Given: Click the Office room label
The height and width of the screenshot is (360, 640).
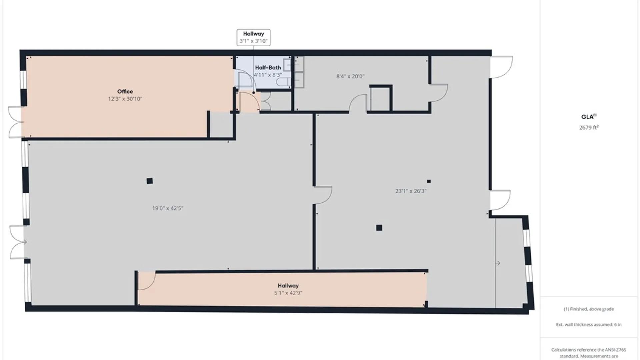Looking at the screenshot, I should point(125,91).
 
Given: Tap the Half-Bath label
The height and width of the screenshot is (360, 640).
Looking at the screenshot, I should point(268,68).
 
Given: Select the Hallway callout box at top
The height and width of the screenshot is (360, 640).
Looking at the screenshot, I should point(253,37).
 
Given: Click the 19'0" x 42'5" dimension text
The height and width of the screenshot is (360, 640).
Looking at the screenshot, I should point(168,209).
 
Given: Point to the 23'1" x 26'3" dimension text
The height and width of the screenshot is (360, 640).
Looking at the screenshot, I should point(411,191).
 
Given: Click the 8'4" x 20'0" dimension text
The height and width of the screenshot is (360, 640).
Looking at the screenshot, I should point(350,76).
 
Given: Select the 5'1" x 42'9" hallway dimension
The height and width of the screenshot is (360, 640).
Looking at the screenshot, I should point(288,293).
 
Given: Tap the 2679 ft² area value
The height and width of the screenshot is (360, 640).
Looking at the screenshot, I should point(589,127).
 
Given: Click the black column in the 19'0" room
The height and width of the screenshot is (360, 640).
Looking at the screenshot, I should point(150,181).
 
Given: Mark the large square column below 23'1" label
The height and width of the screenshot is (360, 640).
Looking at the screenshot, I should point(379,228).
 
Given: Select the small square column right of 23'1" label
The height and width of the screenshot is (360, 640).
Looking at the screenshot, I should point(429,181).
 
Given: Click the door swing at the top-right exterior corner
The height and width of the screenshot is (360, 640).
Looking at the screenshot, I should point(501,67).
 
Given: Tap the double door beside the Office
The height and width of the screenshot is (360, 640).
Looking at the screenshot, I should point(15,122).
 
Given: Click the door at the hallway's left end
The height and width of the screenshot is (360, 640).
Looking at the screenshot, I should point(147,281).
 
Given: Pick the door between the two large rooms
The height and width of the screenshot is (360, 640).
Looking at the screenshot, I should point(323,195).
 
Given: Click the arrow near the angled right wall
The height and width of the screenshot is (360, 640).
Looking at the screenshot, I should point(498,263).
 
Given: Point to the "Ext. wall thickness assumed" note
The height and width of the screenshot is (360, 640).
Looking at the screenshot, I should point(589,325).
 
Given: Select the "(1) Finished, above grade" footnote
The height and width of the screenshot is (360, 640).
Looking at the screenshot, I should point(589,309).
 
